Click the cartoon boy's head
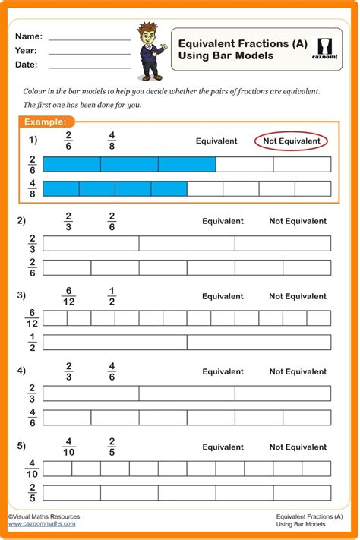click(x=146, y=33)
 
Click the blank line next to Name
click(x=90, y=36)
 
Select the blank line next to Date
click(x=90, y=65)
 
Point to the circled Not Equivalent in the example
click(x=292, y=141)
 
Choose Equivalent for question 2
click(x=223, y=221)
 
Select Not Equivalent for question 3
click(x=298, y=296)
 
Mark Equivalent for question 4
click(x=223, y=371)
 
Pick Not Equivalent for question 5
click(x=298, y=447)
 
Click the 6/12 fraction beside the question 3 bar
click(x=32, y=318)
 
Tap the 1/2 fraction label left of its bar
click(x=32, y=343)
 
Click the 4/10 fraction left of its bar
click(x=32, y=469)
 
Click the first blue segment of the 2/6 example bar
click(x=71, y=164)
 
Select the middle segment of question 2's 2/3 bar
click(x=187, y=243)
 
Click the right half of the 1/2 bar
click(x=259, y=343)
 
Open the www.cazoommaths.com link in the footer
click(x=42, y=523)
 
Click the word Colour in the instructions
click(x=36, y=91)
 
